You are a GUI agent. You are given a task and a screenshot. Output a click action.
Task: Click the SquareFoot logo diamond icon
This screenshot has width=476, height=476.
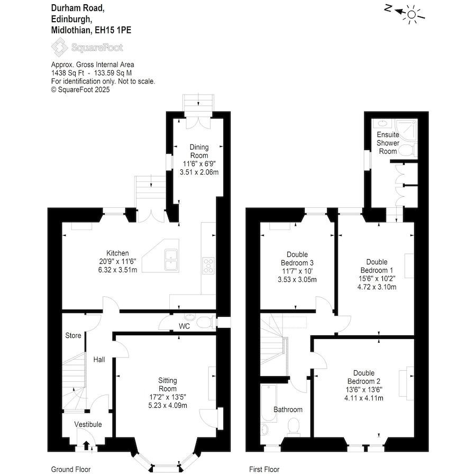pos(59,47)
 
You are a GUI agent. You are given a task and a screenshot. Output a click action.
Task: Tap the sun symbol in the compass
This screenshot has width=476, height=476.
pos(411,14)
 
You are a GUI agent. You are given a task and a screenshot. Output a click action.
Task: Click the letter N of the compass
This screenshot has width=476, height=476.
pos(388,8)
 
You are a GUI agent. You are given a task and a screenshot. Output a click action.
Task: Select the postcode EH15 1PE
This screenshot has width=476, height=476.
pos(113,30)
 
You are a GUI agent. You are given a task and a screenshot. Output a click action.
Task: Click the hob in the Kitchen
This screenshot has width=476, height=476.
pos(208,266)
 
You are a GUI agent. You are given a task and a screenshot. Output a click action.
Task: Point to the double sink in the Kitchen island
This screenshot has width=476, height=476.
pos(171,260)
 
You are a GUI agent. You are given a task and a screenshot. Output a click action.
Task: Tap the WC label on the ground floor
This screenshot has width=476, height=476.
pos(184,326)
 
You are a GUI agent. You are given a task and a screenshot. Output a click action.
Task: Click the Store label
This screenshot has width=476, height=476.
pos(73,335)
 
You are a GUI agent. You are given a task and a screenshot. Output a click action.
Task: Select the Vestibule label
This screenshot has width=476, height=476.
pos(88,424)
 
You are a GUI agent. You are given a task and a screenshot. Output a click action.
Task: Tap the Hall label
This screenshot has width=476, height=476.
pos(99,360)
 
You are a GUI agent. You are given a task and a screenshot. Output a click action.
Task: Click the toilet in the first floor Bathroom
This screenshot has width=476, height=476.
pos(293,426)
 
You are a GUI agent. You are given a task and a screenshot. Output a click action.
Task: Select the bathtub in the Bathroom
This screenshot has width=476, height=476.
pos(269,404)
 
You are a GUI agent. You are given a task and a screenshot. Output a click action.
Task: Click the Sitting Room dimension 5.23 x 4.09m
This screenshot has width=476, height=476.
pos(168,405)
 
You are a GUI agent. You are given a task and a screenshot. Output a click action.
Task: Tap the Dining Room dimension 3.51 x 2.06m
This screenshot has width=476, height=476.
pos(199,172)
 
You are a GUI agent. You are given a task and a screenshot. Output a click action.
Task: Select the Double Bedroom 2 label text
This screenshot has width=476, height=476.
pos(364,377)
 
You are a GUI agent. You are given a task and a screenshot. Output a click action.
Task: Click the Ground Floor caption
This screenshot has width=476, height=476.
pos(71,469)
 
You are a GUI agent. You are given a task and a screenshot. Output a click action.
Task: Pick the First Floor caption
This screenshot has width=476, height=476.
pos(264,469)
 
